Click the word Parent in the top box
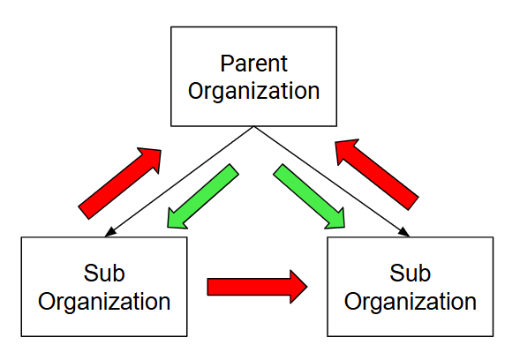click(x=253, y=63)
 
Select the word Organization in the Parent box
click(x=253, y=91)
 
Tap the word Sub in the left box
click(x=104, y=274)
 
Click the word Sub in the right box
click(x=411, y=274)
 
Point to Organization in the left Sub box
click(x=104, y=302)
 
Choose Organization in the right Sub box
click(x=411, y=302)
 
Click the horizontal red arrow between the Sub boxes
click(x=257, y=287)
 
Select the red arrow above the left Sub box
click(x=120, y=184)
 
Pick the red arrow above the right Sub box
click(x=377, y=175)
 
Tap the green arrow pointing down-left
click(x=203, y=196)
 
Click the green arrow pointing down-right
click(x=309, y=196)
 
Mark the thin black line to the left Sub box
click(x=179, y=182)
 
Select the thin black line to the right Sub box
click(x=332, y=182)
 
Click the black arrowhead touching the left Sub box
click(x=110, y=232)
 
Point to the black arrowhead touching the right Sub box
click(x=404, y=232)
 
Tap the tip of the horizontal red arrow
click(x=307, y=287)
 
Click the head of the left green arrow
click(x=176, y=221)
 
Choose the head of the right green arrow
click(x=336, y=221)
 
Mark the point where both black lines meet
click(x=253, y=127)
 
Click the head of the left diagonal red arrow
click(x=153, y=157)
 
